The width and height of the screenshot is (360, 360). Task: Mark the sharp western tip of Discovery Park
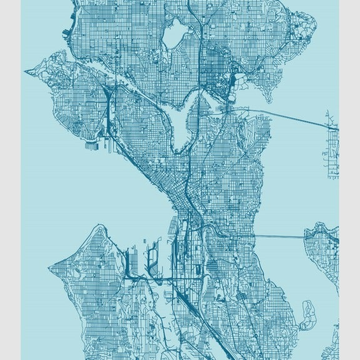pos(27,71)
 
